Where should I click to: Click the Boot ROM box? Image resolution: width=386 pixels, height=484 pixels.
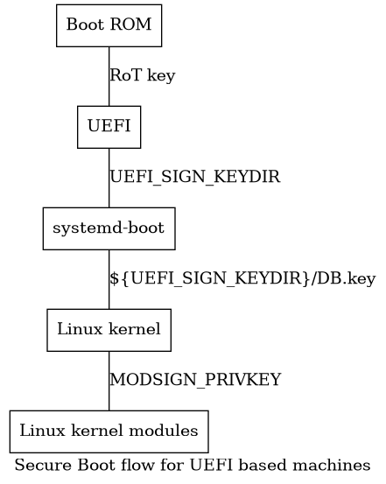pyautogui.click(x=109, y=25)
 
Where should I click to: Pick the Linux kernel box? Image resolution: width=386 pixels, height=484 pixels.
pyautogui.click(x=109, y=330)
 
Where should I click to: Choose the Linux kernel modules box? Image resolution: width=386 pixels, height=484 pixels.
pyautogui.click(x=109, y=431)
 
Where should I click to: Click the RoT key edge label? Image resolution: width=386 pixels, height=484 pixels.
pyautogui.click(x=142, y=76)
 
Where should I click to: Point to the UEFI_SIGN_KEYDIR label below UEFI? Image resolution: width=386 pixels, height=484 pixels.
pyautogui.click(x=194, y=178)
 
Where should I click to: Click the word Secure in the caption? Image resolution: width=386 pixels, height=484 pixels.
pyautogui.click(x=38, y=464)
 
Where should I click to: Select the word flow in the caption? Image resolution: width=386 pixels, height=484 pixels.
pyautogui.click(x=116, y=464)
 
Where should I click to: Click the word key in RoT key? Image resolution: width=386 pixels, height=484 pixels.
pyautogui.click(x=162, y=76)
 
